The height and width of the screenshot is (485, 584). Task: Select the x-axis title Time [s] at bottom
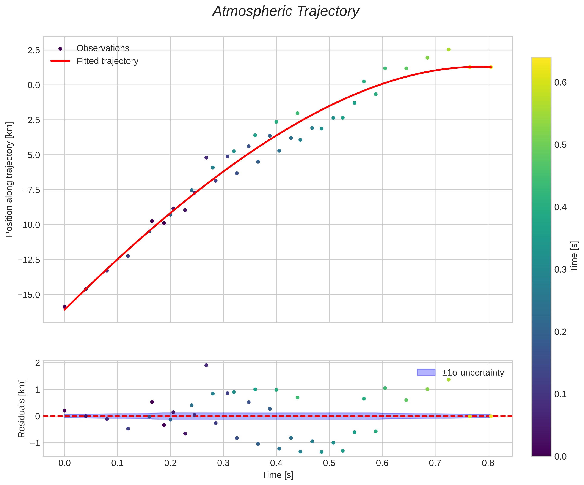click(278, 475)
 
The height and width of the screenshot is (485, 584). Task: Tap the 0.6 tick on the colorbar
click(560, 83)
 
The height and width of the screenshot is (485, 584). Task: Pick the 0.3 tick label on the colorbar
click(560, 269)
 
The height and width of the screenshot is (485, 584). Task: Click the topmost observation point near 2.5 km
click(448, 49)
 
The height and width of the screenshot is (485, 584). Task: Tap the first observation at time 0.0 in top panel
click(64, 307)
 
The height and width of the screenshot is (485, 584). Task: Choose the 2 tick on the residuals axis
click(38, 363)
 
